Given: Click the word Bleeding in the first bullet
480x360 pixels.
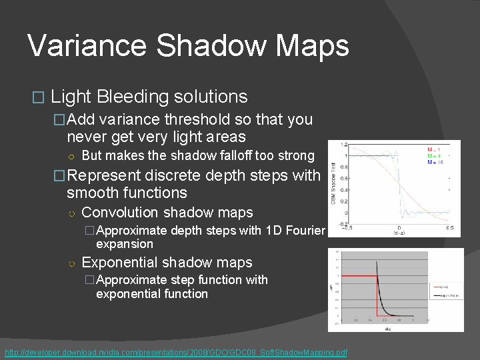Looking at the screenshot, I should pyautogui.click(x=131, y=97).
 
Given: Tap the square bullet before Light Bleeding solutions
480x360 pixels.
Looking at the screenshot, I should pyautogui.click(x=37, y=97).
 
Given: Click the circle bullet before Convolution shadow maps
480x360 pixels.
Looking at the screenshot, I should pyautogui.click(x=71, y=213).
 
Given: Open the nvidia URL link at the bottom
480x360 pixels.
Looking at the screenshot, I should pyautogui.click(x=176, y=352).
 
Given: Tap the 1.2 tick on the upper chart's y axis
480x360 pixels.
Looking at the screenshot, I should pyautogui.click(x=343, y=144).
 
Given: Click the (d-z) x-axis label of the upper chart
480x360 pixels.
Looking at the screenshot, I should pyautogui.click(x=399, y=233).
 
